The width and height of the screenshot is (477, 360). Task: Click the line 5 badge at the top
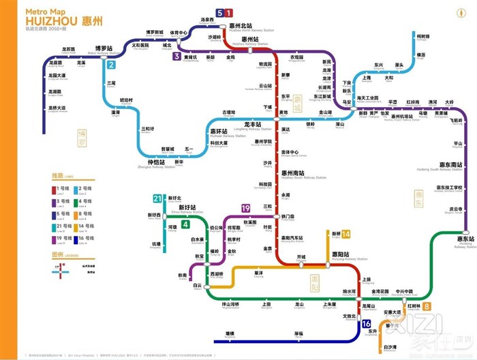pyautogui.click(x=219, y=13)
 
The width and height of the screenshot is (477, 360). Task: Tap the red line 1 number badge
pyautogui.click(x=229, y=13)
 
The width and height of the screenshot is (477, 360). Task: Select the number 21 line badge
pyautogui.click(x=157, y=199)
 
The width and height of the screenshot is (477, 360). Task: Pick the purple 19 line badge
pyautogui.click(x=245, y=208)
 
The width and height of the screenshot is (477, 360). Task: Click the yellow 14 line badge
pyautogui.click(x=346, y=234)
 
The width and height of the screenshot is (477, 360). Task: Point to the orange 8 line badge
pyautogui.click(x=427, y=306)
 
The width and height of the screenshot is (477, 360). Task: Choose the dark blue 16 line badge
pyautogui.click(x=366, y=324)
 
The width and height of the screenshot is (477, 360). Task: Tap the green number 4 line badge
pyautogui.click(x=185, y=225)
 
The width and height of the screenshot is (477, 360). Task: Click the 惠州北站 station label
pyautogui.click(x=260, y=26)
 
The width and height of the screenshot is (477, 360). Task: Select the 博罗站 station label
pyautogui.click(x=102, y=48)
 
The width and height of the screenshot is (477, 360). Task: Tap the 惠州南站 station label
pyautogui.click(x=294, y=173)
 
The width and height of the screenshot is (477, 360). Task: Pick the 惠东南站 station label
pyautogui.click(x=451, y=164)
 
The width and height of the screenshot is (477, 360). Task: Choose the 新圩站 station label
pyautogui.click(x=187, y=207)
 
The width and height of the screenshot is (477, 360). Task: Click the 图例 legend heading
pyautogui.click(x=59, y=255)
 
